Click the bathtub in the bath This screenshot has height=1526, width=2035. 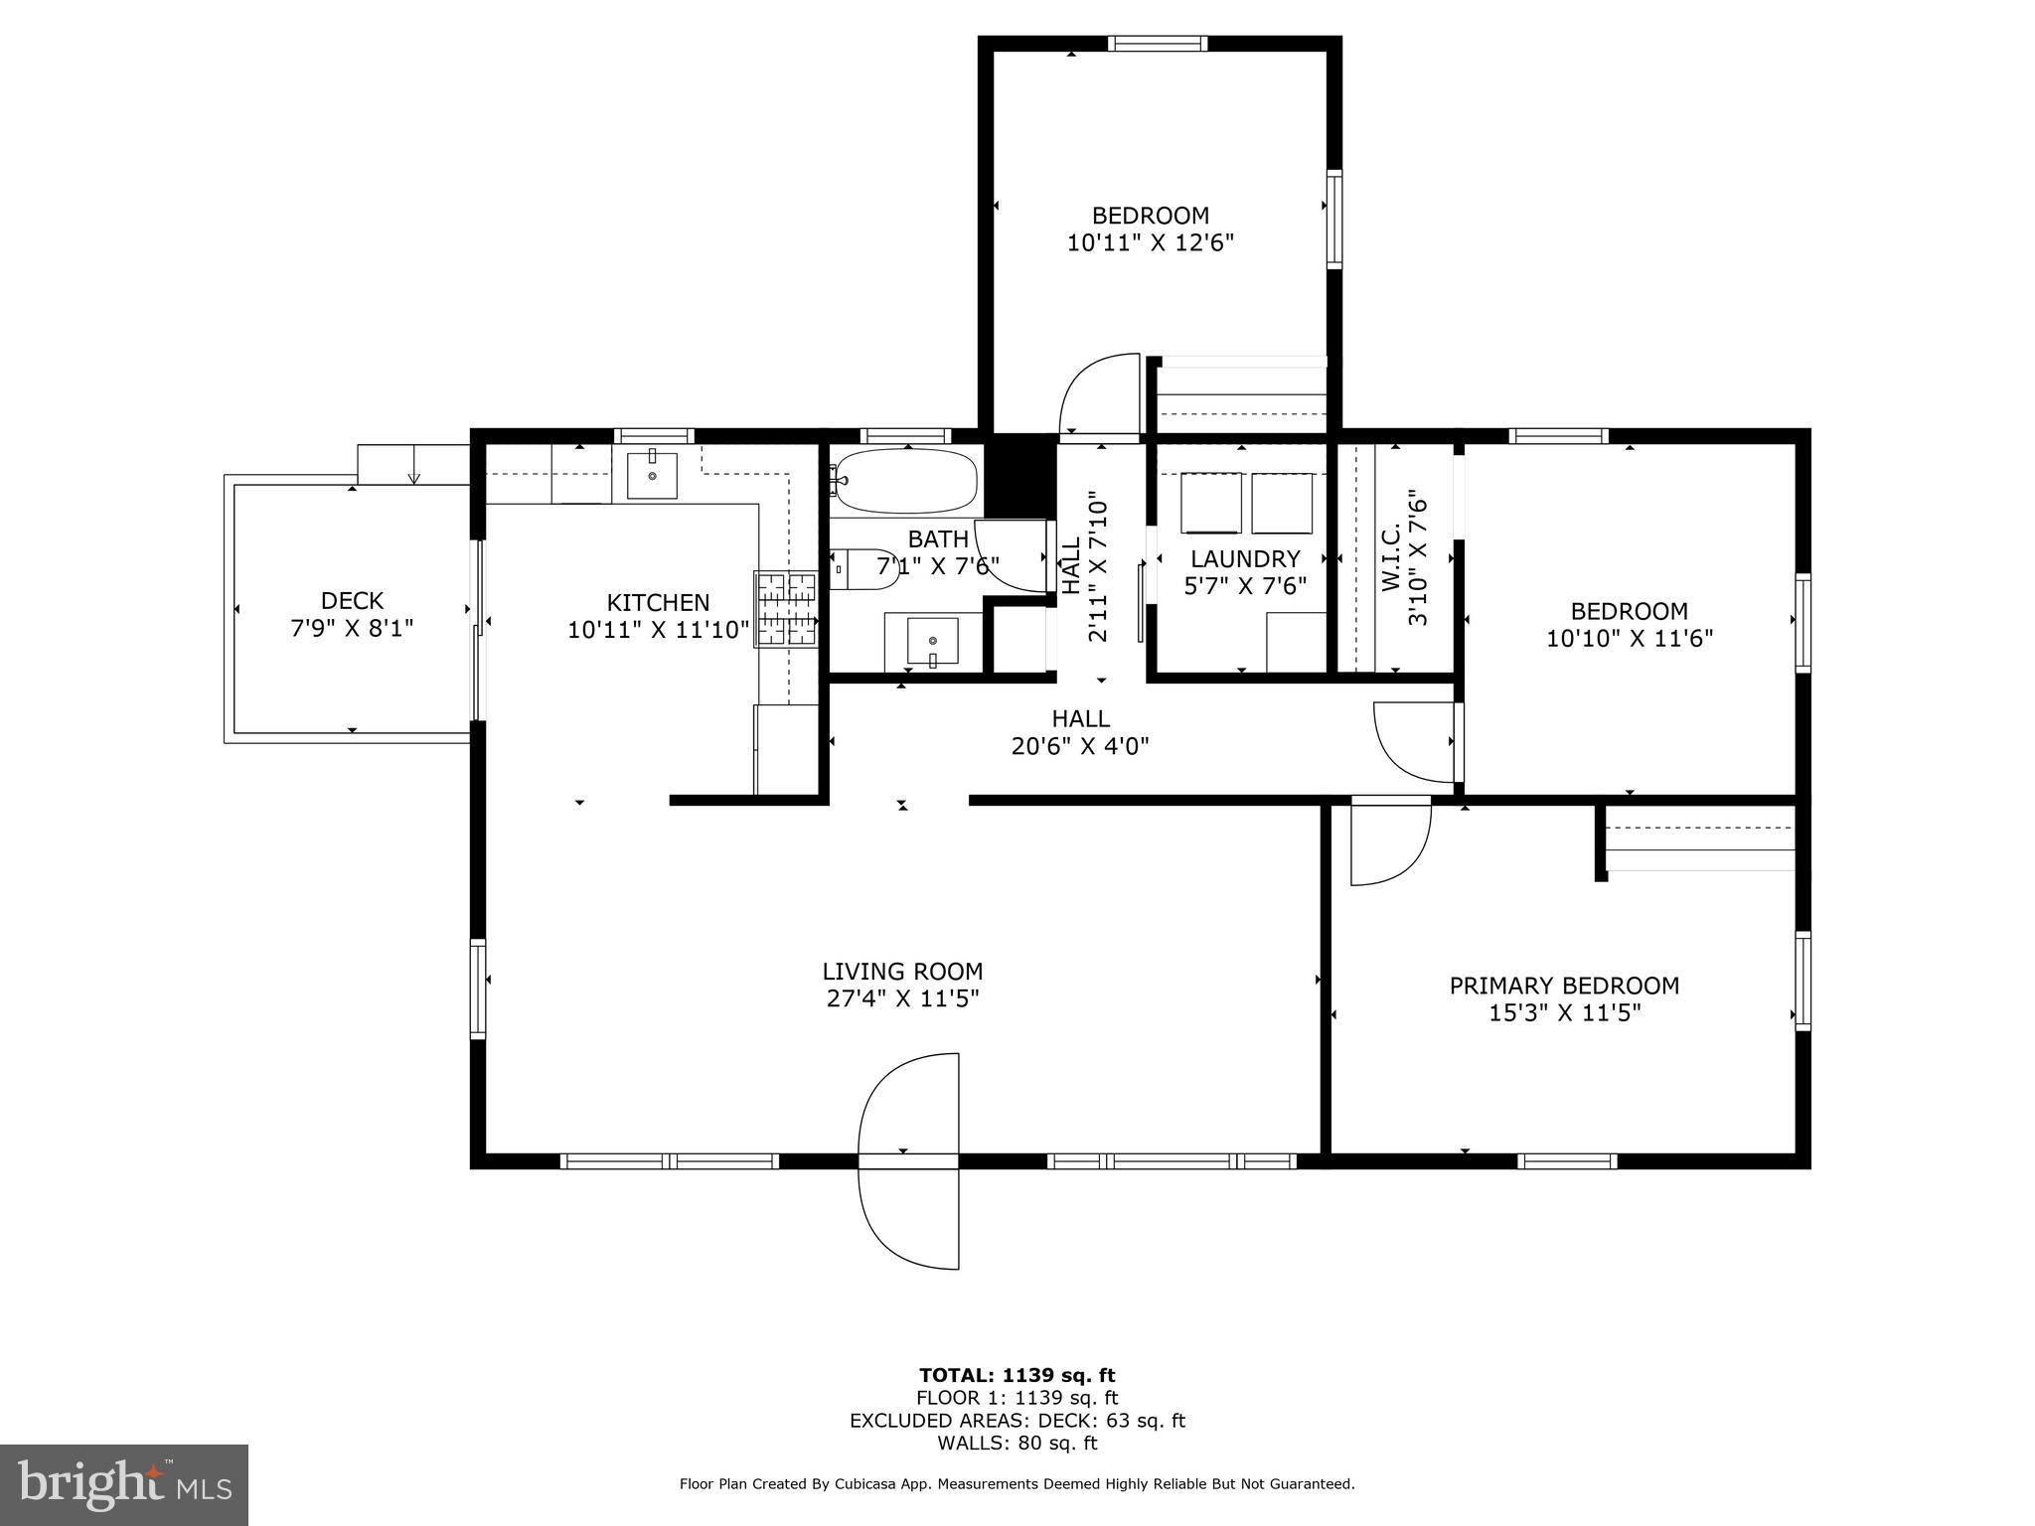pyautogui.click(x=904, y=482)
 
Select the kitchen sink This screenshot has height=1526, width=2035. pyautogui.click(x=652, y=475)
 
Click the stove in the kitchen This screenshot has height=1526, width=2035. pyautogui.click(x=786, y=609)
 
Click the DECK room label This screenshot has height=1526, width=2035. pyautogui.click(x=352, y=600)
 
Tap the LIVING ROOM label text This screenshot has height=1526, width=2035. pyautogui.click(x=902, y=971)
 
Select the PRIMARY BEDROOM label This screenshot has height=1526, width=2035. pyautogui.click(x=1564, y=986)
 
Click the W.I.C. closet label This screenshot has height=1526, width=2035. pyautogui.click(x=1391, y=558)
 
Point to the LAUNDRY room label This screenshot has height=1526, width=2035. pyautogui.click(x=1245, y=558)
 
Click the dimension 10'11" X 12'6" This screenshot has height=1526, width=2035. pyautogui.click(x=1151, y=242)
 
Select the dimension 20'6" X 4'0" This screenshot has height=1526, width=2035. pyautogui.click(x=1080, y=745)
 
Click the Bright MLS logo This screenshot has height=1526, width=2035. pyautogui.click(x=124, y=1484)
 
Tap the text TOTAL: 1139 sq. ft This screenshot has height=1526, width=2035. pyautogui.click(x=1017, y=1375)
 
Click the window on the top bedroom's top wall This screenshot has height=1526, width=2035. pyautogui.click(x=1158, y=43)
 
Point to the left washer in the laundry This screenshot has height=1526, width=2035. pyautogui.click(x=1211, y=504)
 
